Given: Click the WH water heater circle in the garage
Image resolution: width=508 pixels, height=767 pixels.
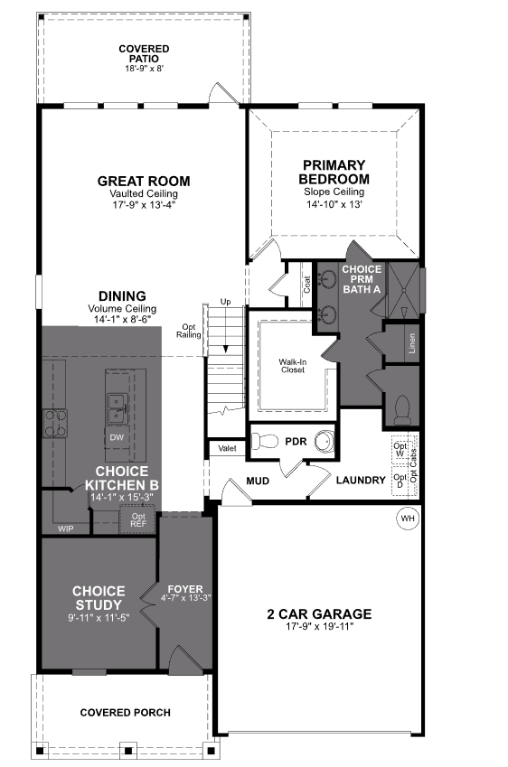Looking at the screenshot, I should click(407, 519).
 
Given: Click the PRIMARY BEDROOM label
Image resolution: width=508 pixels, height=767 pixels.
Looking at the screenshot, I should click(334, 172).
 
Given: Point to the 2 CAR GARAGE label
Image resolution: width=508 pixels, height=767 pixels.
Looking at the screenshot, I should click(318, 614).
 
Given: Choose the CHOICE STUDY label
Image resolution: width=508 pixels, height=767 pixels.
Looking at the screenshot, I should click(99, 598).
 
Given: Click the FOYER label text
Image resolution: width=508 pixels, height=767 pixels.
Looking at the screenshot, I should click(184, 589).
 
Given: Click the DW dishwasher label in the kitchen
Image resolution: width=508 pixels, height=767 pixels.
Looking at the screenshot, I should click(117, 437).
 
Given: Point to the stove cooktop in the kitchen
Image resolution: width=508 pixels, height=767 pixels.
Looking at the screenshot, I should click(56, 423).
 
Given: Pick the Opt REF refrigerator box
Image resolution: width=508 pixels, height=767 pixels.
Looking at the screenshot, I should click(138, 519).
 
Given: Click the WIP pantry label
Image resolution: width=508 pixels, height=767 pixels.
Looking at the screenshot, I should click(66, 528).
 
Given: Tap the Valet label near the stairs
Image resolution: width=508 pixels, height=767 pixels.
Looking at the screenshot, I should click(226, 447).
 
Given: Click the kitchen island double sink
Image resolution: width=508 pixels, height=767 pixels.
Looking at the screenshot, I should click(116, 407).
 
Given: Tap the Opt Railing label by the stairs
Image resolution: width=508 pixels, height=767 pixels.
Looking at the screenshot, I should click(189, 331).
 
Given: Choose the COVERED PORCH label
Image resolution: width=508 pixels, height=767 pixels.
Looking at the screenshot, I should click(125, 713).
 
